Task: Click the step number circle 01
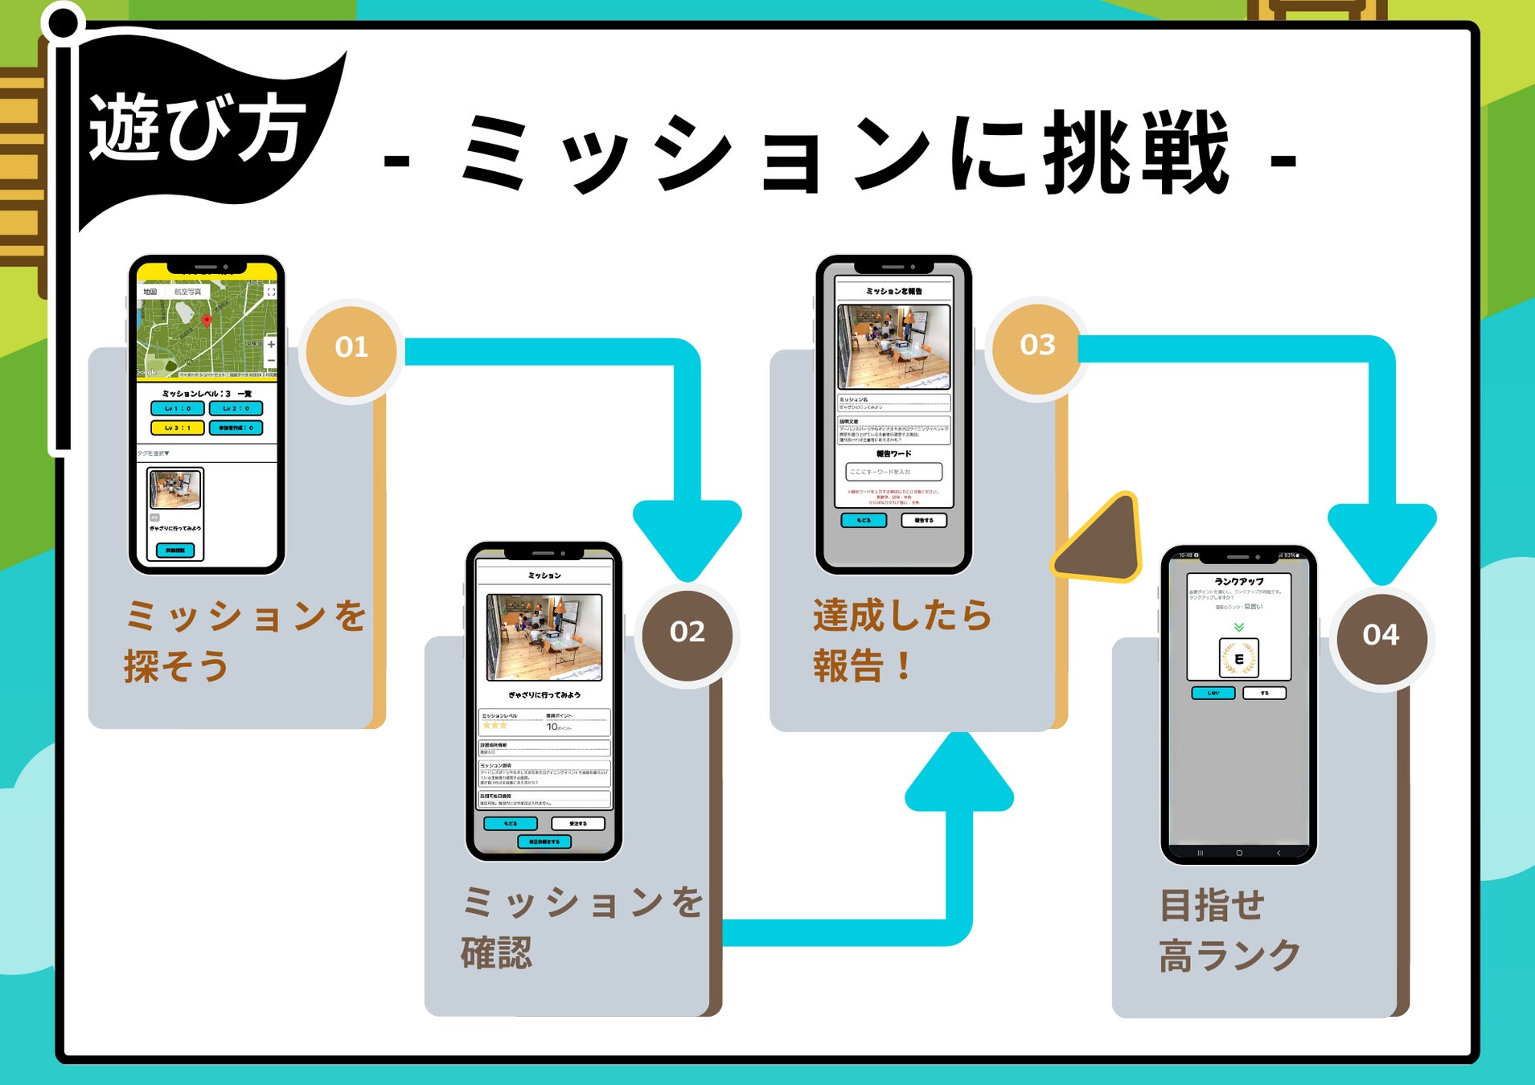(351, 347)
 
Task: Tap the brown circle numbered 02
(687, 633)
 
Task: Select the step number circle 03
(1037, 346)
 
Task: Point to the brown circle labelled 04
(1381, 636)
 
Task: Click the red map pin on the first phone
(207, 320)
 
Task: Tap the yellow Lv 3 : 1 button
(177, 428)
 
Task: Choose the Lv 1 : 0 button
(177, 408)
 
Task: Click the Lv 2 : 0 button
(236, 408)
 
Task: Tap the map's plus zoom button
(271, 344)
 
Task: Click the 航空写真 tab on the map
(188, 292)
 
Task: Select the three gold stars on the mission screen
(495, 726)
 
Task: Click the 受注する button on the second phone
(577, 824)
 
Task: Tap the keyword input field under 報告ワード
(893, 472)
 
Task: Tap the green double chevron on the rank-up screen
(1238, 627)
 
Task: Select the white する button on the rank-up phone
(1264, 693)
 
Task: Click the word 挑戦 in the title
(1135, 153)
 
